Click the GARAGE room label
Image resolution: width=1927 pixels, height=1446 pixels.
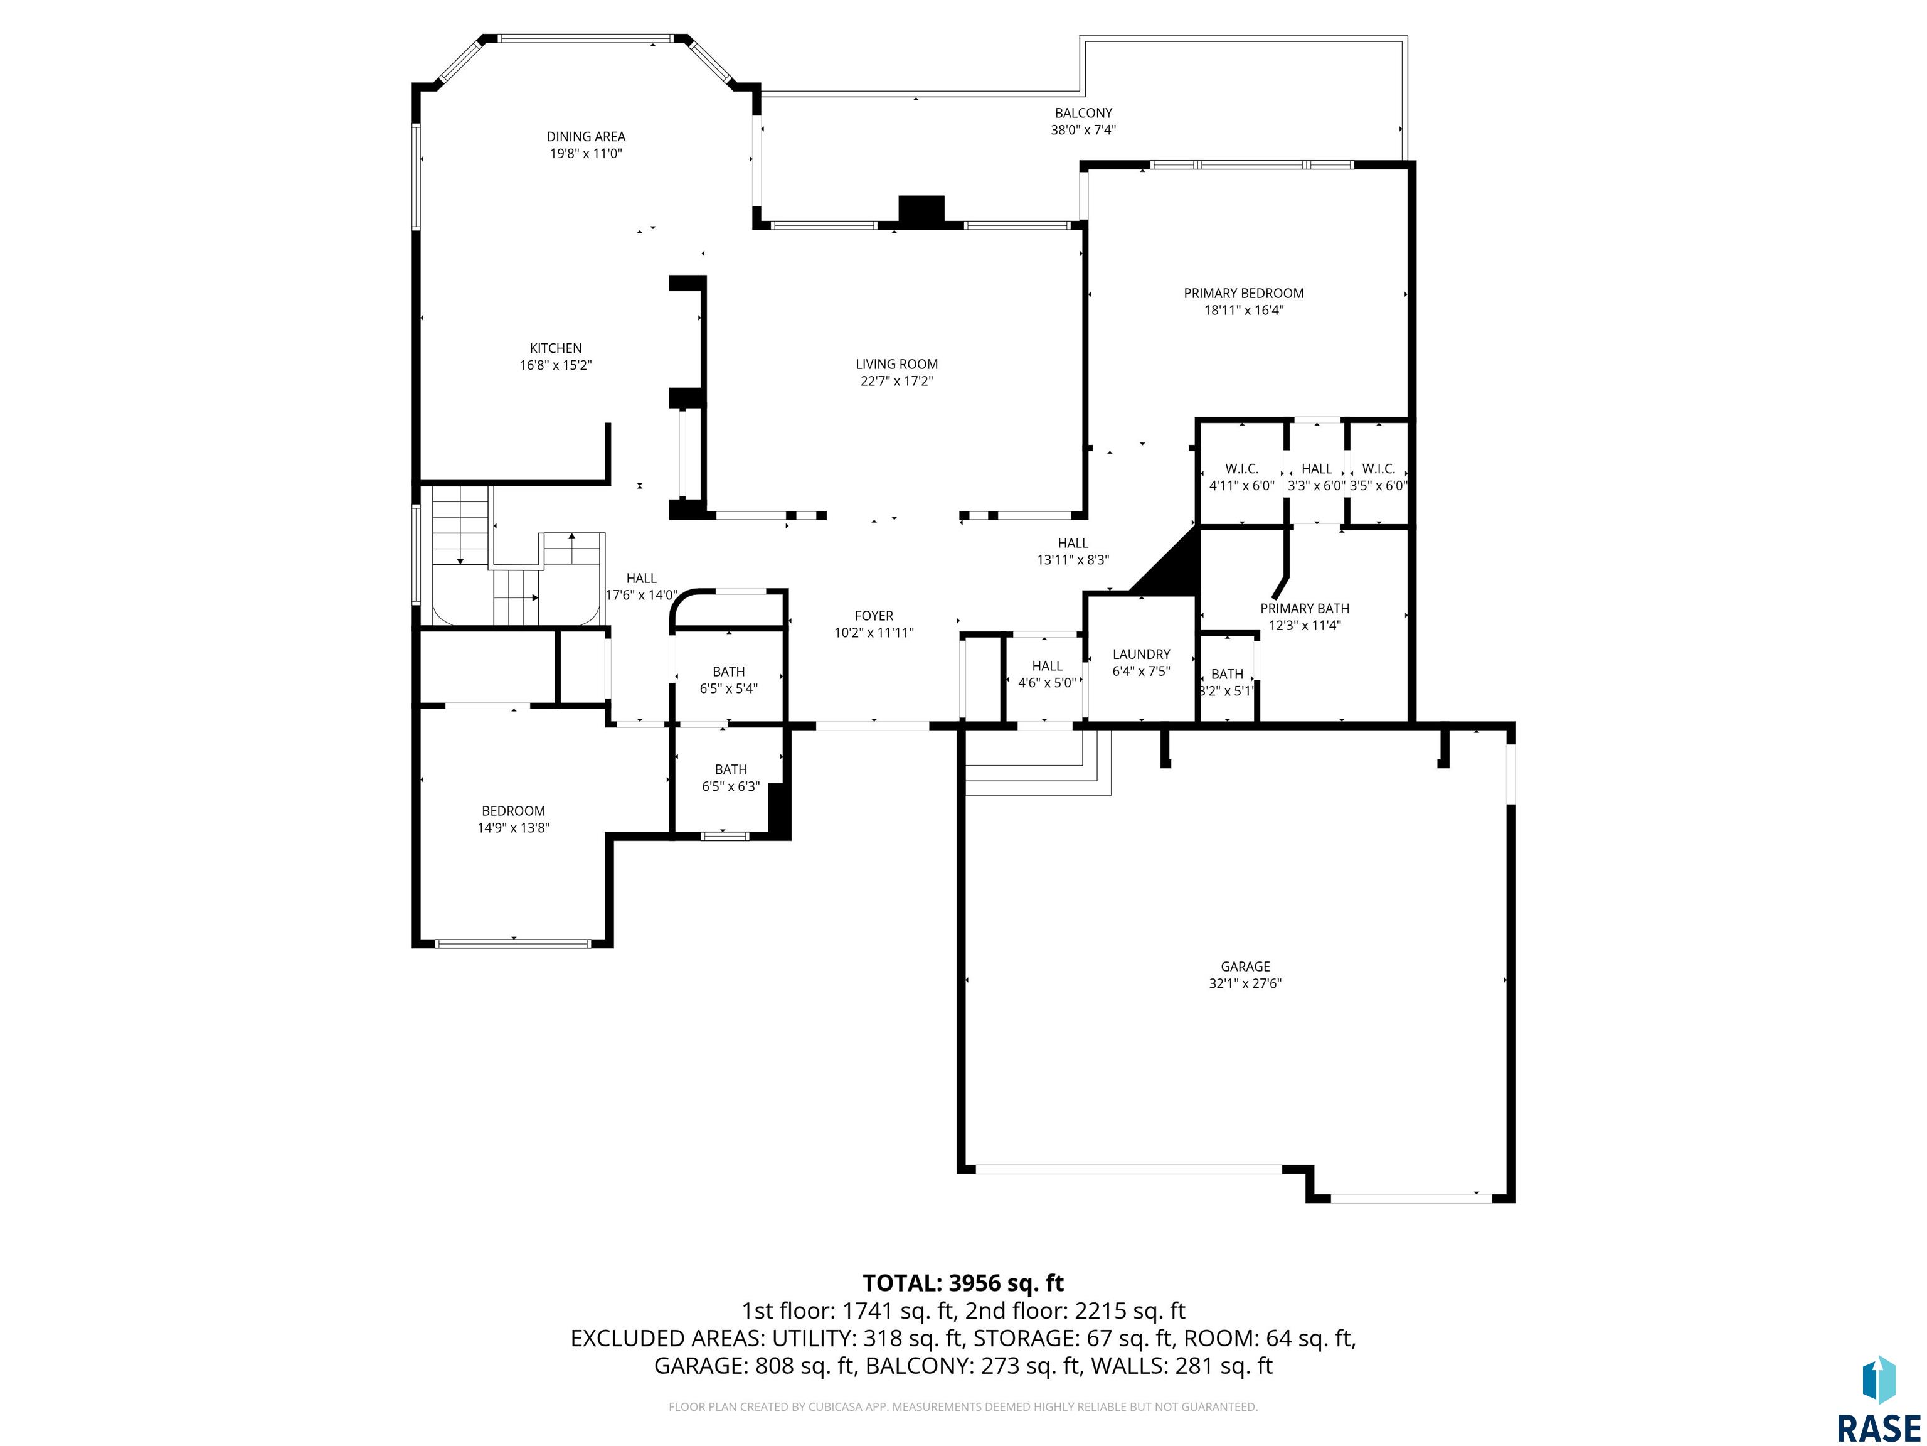1245,967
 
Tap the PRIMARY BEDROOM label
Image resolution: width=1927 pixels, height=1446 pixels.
1243,294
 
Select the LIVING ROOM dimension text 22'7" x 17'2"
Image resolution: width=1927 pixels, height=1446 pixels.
896,381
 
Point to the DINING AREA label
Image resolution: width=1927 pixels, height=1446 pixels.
585,137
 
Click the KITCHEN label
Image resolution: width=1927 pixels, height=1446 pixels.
556,349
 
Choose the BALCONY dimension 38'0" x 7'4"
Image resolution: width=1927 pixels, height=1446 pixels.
1083,130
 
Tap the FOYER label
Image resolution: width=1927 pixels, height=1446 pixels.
874,616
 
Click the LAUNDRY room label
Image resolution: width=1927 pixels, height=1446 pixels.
1141,655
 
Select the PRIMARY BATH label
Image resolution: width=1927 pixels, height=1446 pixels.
1304,608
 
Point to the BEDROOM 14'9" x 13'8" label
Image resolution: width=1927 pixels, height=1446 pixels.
513,819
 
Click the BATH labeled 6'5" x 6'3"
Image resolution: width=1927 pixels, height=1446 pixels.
731,778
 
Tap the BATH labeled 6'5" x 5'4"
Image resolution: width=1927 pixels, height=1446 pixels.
728,680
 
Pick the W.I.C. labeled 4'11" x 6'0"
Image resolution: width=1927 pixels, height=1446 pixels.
1241,477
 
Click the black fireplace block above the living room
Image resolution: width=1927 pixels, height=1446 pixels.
921,211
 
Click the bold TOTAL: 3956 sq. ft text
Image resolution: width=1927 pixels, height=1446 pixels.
963,1283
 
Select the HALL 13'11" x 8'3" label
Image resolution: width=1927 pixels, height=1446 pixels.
1073,552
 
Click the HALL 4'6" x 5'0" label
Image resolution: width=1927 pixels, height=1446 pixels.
1047,675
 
